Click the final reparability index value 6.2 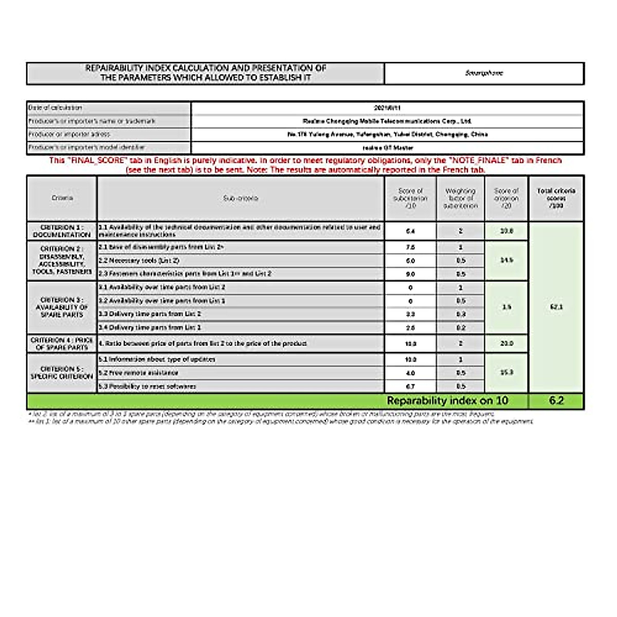[556, 401]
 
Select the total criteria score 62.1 [556, 307]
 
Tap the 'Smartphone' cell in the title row [484, 73]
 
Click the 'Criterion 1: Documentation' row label [61, 231]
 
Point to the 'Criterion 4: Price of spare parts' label [61, 343]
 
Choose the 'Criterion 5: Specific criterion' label [61, 373]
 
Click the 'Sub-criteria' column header [241, 198]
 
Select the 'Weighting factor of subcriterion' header [460, 198]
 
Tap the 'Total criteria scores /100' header [556, 198]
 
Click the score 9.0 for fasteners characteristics [410, 274]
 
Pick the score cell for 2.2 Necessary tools [410, 261]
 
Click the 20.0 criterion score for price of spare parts [506, 343]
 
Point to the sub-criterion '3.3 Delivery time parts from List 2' [150, 314]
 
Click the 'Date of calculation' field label [56, 108]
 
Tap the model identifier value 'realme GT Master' [387, 148]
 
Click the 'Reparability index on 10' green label [447, 401]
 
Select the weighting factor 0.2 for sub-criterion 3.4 [460, 328]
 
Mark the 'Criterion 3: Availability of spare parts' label [61, 307]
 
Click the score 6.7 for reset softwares [410, 386]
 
